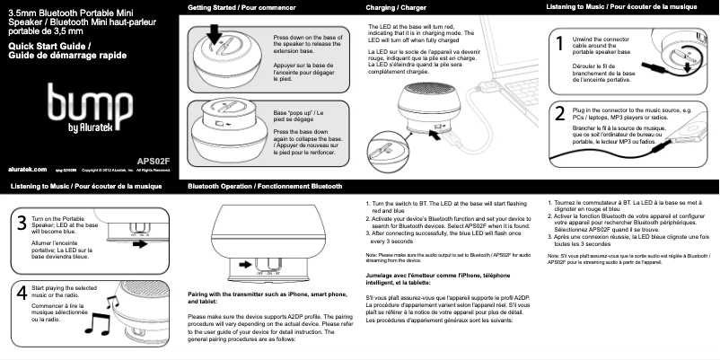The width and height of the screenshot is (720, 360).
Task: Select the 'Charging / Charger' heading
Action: [x=396, y=8]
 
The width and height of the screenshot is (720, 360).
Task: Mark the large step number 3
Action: [x=20, y=224]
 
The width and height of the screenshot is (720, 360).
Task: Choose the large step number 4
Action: [x=20, y=293]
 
